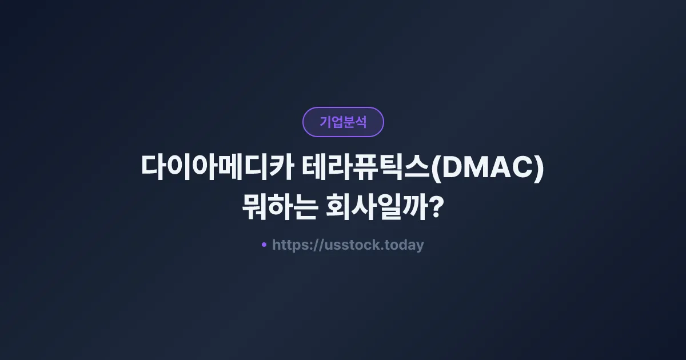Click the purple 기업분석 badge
coord(343,122)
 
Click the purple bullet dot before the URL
coord(264,245)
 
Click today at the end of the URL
coord(404,245)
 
